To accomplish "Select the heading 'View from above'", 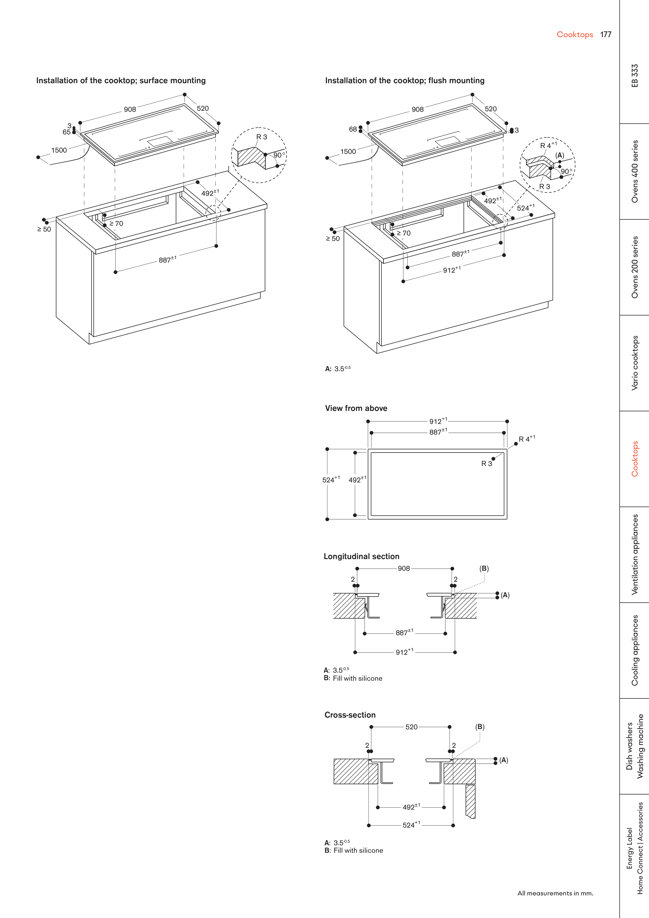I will click(x=356, y=408).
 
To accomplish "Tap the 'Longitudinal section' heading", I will click(x=362, y=556).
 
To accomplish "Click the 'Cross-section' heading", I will click(x=350, y=715).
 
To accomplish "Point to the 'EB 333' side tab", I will click(x=635, y=76).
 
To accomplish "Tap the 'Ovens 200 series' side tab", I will click(x=635, y=267).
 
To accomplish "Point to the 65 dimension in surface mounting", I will click(x=66, y=132).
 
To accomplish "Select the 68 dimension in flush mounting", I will click(x=353, y=129).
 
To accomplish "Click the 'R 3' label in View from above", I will click(x=487, y=464).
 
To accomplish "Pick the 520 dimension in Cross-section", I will click(x=411, y=727).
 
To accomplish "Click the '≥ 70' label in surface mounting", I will click(x=116, y=224).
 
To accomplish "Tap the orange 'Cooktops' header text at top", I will click(x=575, y=34).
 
